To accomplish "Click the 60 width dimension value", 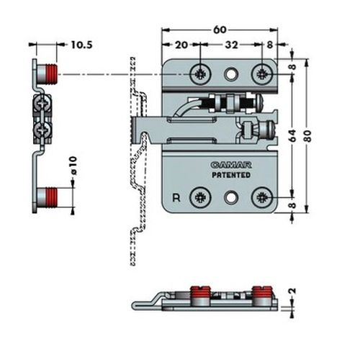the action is pos(220,30).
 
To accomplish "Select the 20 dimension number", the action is pos(181,45).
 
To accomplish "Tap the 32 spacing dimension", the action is pos(231,45).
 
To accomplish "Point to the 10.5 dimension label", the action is pos(81,45).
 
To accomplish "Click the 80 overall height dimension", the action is pos(307,136).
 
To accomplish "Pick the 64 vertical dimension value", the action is pos(293,136).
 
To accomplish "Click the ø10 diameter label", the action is pos(73,166).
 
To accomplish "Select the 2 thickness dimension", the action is pos(293,291).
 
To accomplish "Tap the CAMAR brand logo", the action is pos(231,165).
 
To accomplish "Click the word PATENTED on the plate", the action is pos(231,175).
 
